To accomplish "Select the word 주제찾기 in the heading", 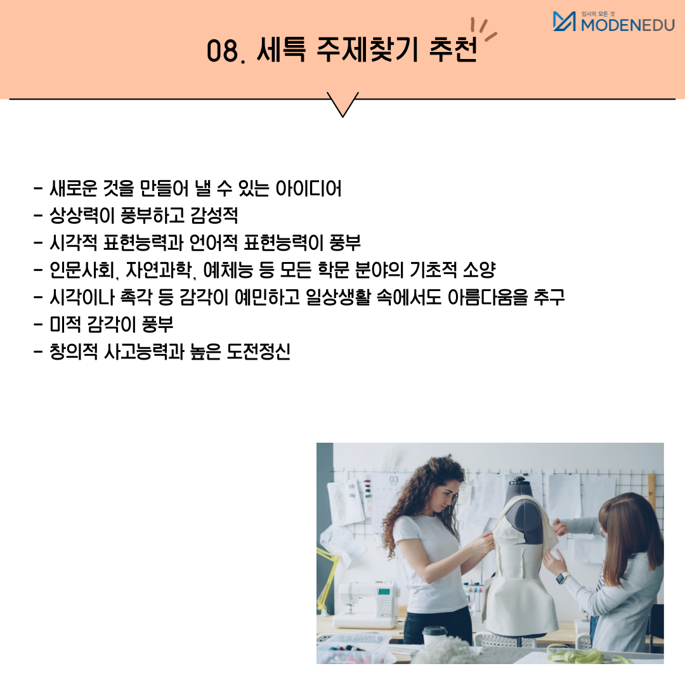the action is pyautogui.click(x=367, y=49).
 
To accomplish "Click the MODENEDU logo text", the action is pyautogui.click(x=628, y=25).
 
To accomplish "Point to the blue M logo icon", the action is pyautogui.click(x=564, y=22).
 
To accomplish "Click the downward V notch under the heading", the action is pyautogui.click(x=342, y=105).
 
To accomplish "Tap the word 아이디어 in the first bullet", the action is pyautogui.click(x=308, y=189).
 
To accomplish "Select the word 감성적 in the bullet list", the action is pyautogui.click(x=214, y=216).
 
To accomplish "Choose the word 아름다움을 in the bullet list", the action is pyautogui.click(x=488, y=297).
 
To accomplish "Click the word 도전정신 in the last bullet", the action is pyautogui.click(x=258, y=351).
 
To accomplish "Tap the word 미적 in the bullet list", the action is pyautogui.click(x=65, y=325).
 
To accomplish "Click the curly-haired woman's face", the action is pyautogui.click(x=445, y=496).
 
